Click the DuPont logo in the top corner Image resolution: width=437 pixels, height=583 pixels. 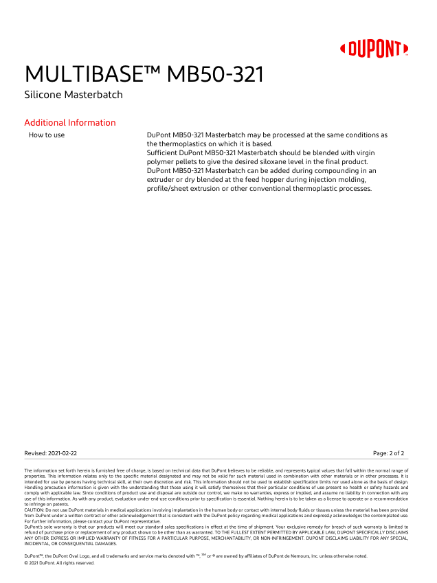[x=374, y=49]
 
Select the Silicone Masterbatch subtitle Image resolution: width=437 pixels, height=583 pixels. [x=74, y=95]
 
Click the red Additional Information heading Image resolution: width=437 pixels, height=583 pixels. [x=70, y=123]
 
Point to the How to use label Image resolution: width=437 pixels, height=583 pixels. [x=47, y=135]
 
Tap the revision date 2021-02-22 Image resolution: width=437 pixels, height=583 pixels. [x=62, y=453]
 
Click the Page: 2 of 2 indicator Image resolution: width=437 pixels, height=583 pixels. [x=388, y=453]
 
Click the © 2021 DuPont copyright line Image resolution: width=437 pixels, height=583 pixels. [x=59, y=563]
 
